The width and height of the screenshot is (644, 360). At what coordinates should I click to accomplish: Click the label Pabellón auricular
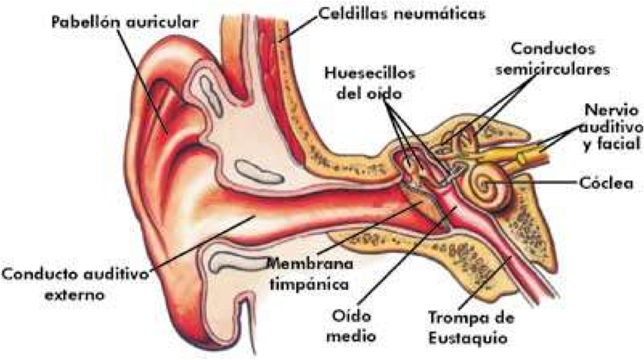pyautogui.click(x=123, y=22)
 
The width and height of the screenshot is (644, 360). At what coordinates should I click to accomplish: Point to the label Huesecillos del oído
pyautogui.click(x=369, y=84)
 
